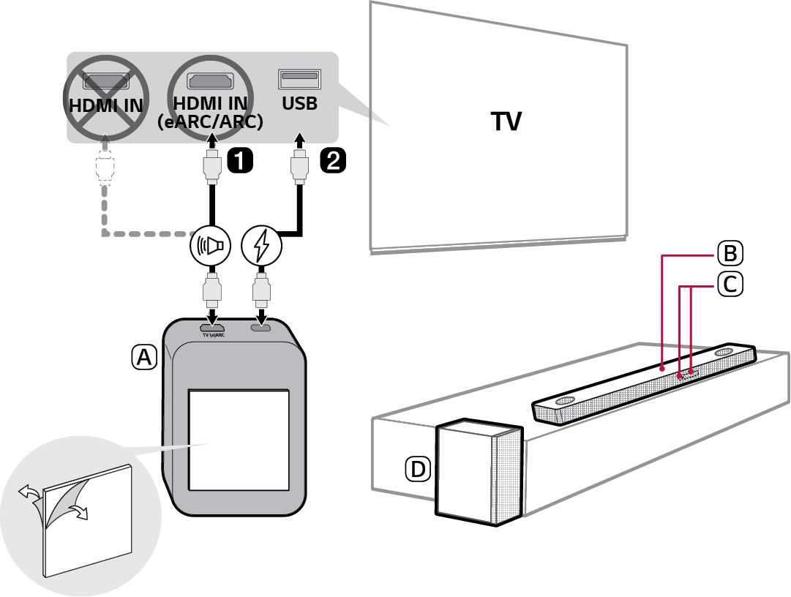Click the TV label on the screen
(506, 121)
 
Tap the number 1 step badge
(239, 160)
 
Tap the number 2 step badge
(331, 160)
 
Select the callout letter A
(144, 356)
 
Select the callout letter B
(729, 254)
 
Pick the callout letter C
(729, 284)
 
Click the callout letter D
(418, 469)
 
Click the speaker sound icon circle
(211, 247)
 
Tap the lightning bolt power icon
(261, 247)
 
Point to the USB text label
(299, 103)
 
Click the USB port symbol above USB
(299, 77)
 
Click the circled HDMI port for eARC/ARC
(210, 80)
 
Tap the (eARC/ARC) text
(210, 122)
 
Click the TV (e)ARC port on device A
(212, 326)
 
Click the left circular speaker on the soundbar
(565, 402)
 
